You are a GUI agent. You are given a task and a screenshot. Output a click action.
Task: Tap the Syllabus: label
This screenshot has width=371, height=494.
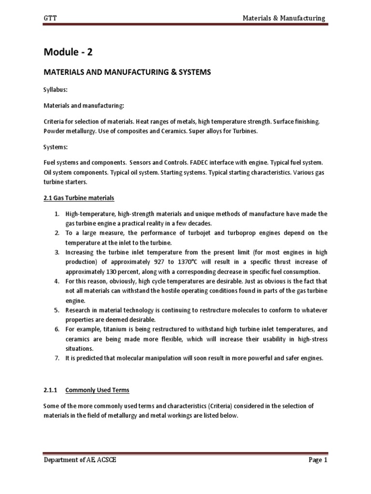click(55, 90)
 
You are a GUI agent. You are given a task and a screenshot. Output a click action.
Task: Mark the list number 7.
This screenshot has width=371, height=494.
click(56, 358)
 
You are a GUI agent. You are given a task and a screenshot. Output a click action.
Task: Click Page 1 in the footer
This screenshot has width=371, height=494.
click(318, 460)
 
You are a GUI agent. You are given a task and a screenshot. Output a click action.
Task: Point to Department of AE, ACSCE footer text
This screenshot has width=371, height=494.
click(79, 460)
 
